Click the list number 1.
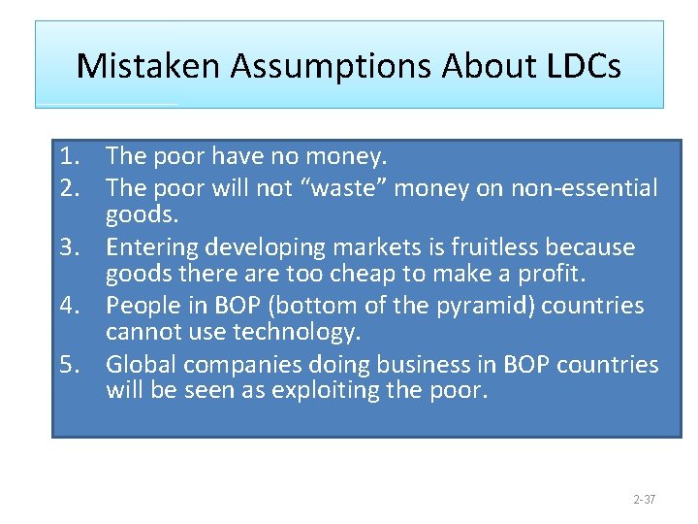pyautogui.click(x=68, y=155)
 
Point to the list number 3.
pyautogui.click(x=68, y=247)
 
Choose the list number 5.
pyautogui.click(x=68, y=365)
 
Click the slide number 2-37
pyautogui.click(x=644, y=500)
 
